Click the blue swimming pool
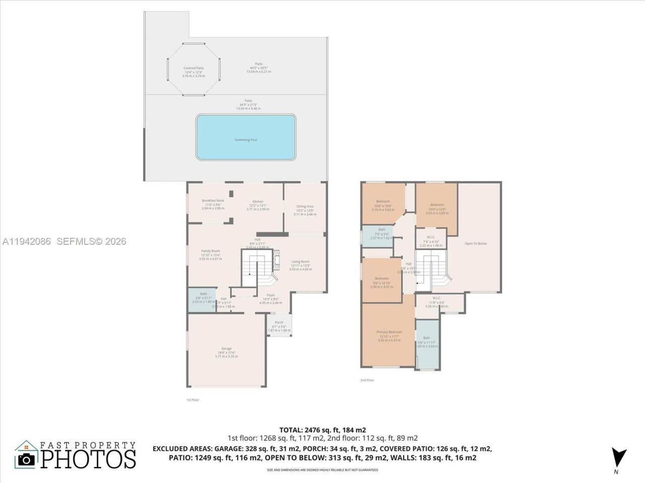pyautogui.click(x=245, y=137)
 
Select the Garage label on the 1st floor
pyautogui.click(x=226, y=349)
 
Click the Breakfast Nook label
pyautogui.click(x=213, y=201)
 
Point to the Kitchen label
pyautogui.click(x=257, y=202)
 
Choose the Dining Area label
pyautogui.click(x=305, y=206)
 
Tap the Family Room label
pyautogui.click(x=210, y=251)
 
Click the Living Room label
pyautogui.click(x=300, y=262)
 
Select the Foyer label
pyautogui.click(x=271, y=295)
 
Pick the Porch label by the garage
pyautogui.click(x=279, y=323)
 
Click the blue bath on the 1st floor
pyautogui.click(x=202, y=300)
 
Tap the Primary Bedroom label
pyautogui.click(x=389, y=332)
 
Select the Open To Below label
pyautogui.click(x=476, y=244)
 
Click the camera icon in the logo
pyautogui.click(x=26, y=459)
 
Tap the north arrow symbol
pyautogui.click(x=618, y=456)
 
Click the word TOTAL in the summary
pyautogui.click(x=291, y=430)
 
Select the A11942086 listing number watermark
pyautogui.click(x=27, y=242)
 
